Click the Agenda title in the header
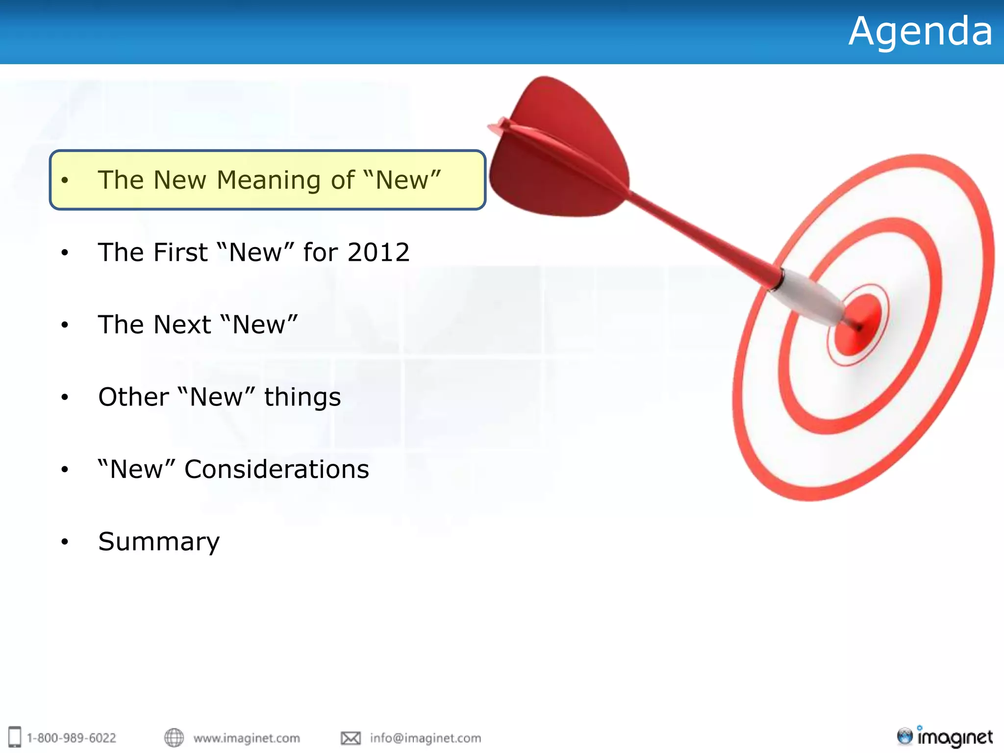[920, 32]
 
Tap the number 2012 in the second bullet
[378, 252]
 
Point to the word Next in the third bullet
[182, 325]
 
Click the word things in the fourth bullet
[302, 397]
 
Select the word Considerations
[276, 469]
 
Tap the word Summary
[159, 542]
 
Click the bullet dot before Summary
[65, 542]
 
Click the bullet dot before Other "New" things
[65, 397]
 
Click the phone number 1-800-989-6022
[72, 738]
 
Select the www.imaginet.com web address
[247, 738]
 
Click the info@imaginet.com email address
[426, 738]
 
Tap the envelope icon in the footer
[351, 738]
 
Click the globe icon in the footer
[174, 737]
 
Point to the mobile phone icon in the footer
[15, 737]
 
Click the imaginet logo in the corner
[945, 737]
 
